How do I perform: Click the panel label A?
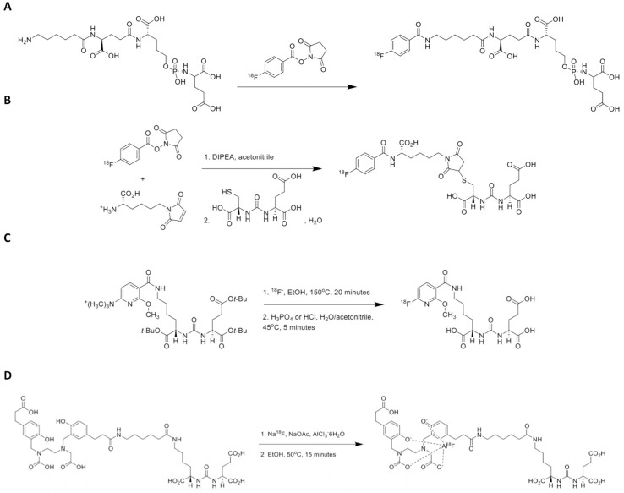click(8, 8)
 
